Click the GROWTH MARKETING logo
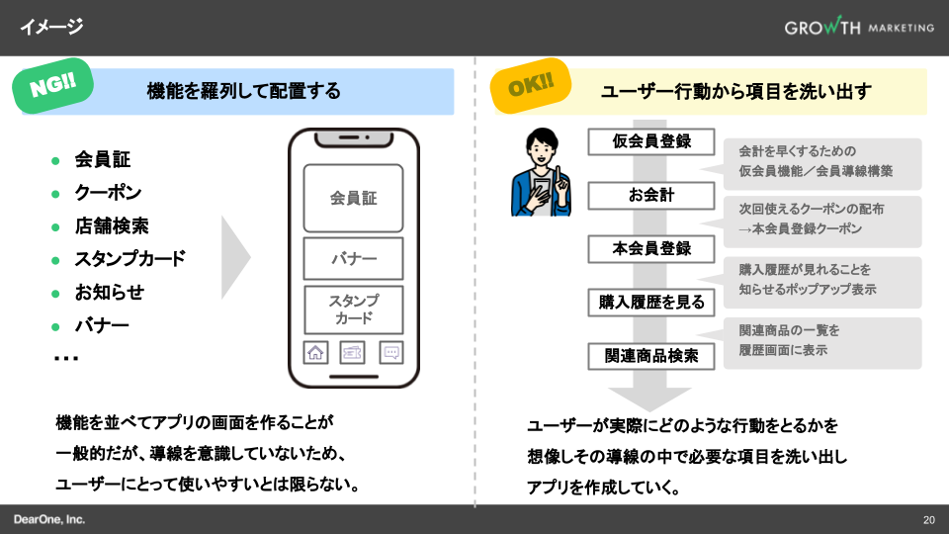pos(858,28)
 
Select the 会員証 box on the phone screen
pos(353,198)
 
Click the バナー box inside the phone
pos(353,259)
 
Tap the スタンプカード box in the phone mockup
pos(353,310)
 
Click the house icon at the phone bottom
pos(315,352)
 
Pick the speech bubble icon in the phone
pos(391,352)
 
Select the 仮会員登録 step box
pos(651,141)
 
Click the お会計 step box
pos(651,195)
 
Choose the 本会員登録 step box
pos(651,249)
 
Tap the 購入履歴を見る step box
pos(651,303)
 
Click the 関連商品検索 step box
pos(651,356)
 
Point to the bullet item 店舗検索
pos(112,225)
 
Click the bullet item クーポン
pos(108,193)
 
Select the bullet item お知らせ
pos(109,292)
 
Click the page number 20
pos(928,520)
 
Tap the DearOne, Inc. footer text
pos(49,519)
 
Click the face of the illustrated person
pos(544,149)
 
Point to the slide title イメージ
pos(51,27)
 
